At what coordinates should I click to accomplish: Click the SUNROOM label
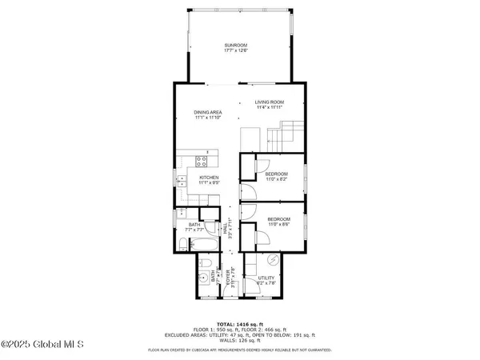click(236, 46)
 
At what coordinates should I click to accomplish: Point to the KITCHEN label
click(209, 178)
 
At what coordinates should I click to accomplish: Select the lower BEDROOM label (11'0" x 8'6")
click(278, 219)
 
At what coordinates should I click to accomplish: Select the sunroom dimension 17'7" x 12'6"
click(236, 51)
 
